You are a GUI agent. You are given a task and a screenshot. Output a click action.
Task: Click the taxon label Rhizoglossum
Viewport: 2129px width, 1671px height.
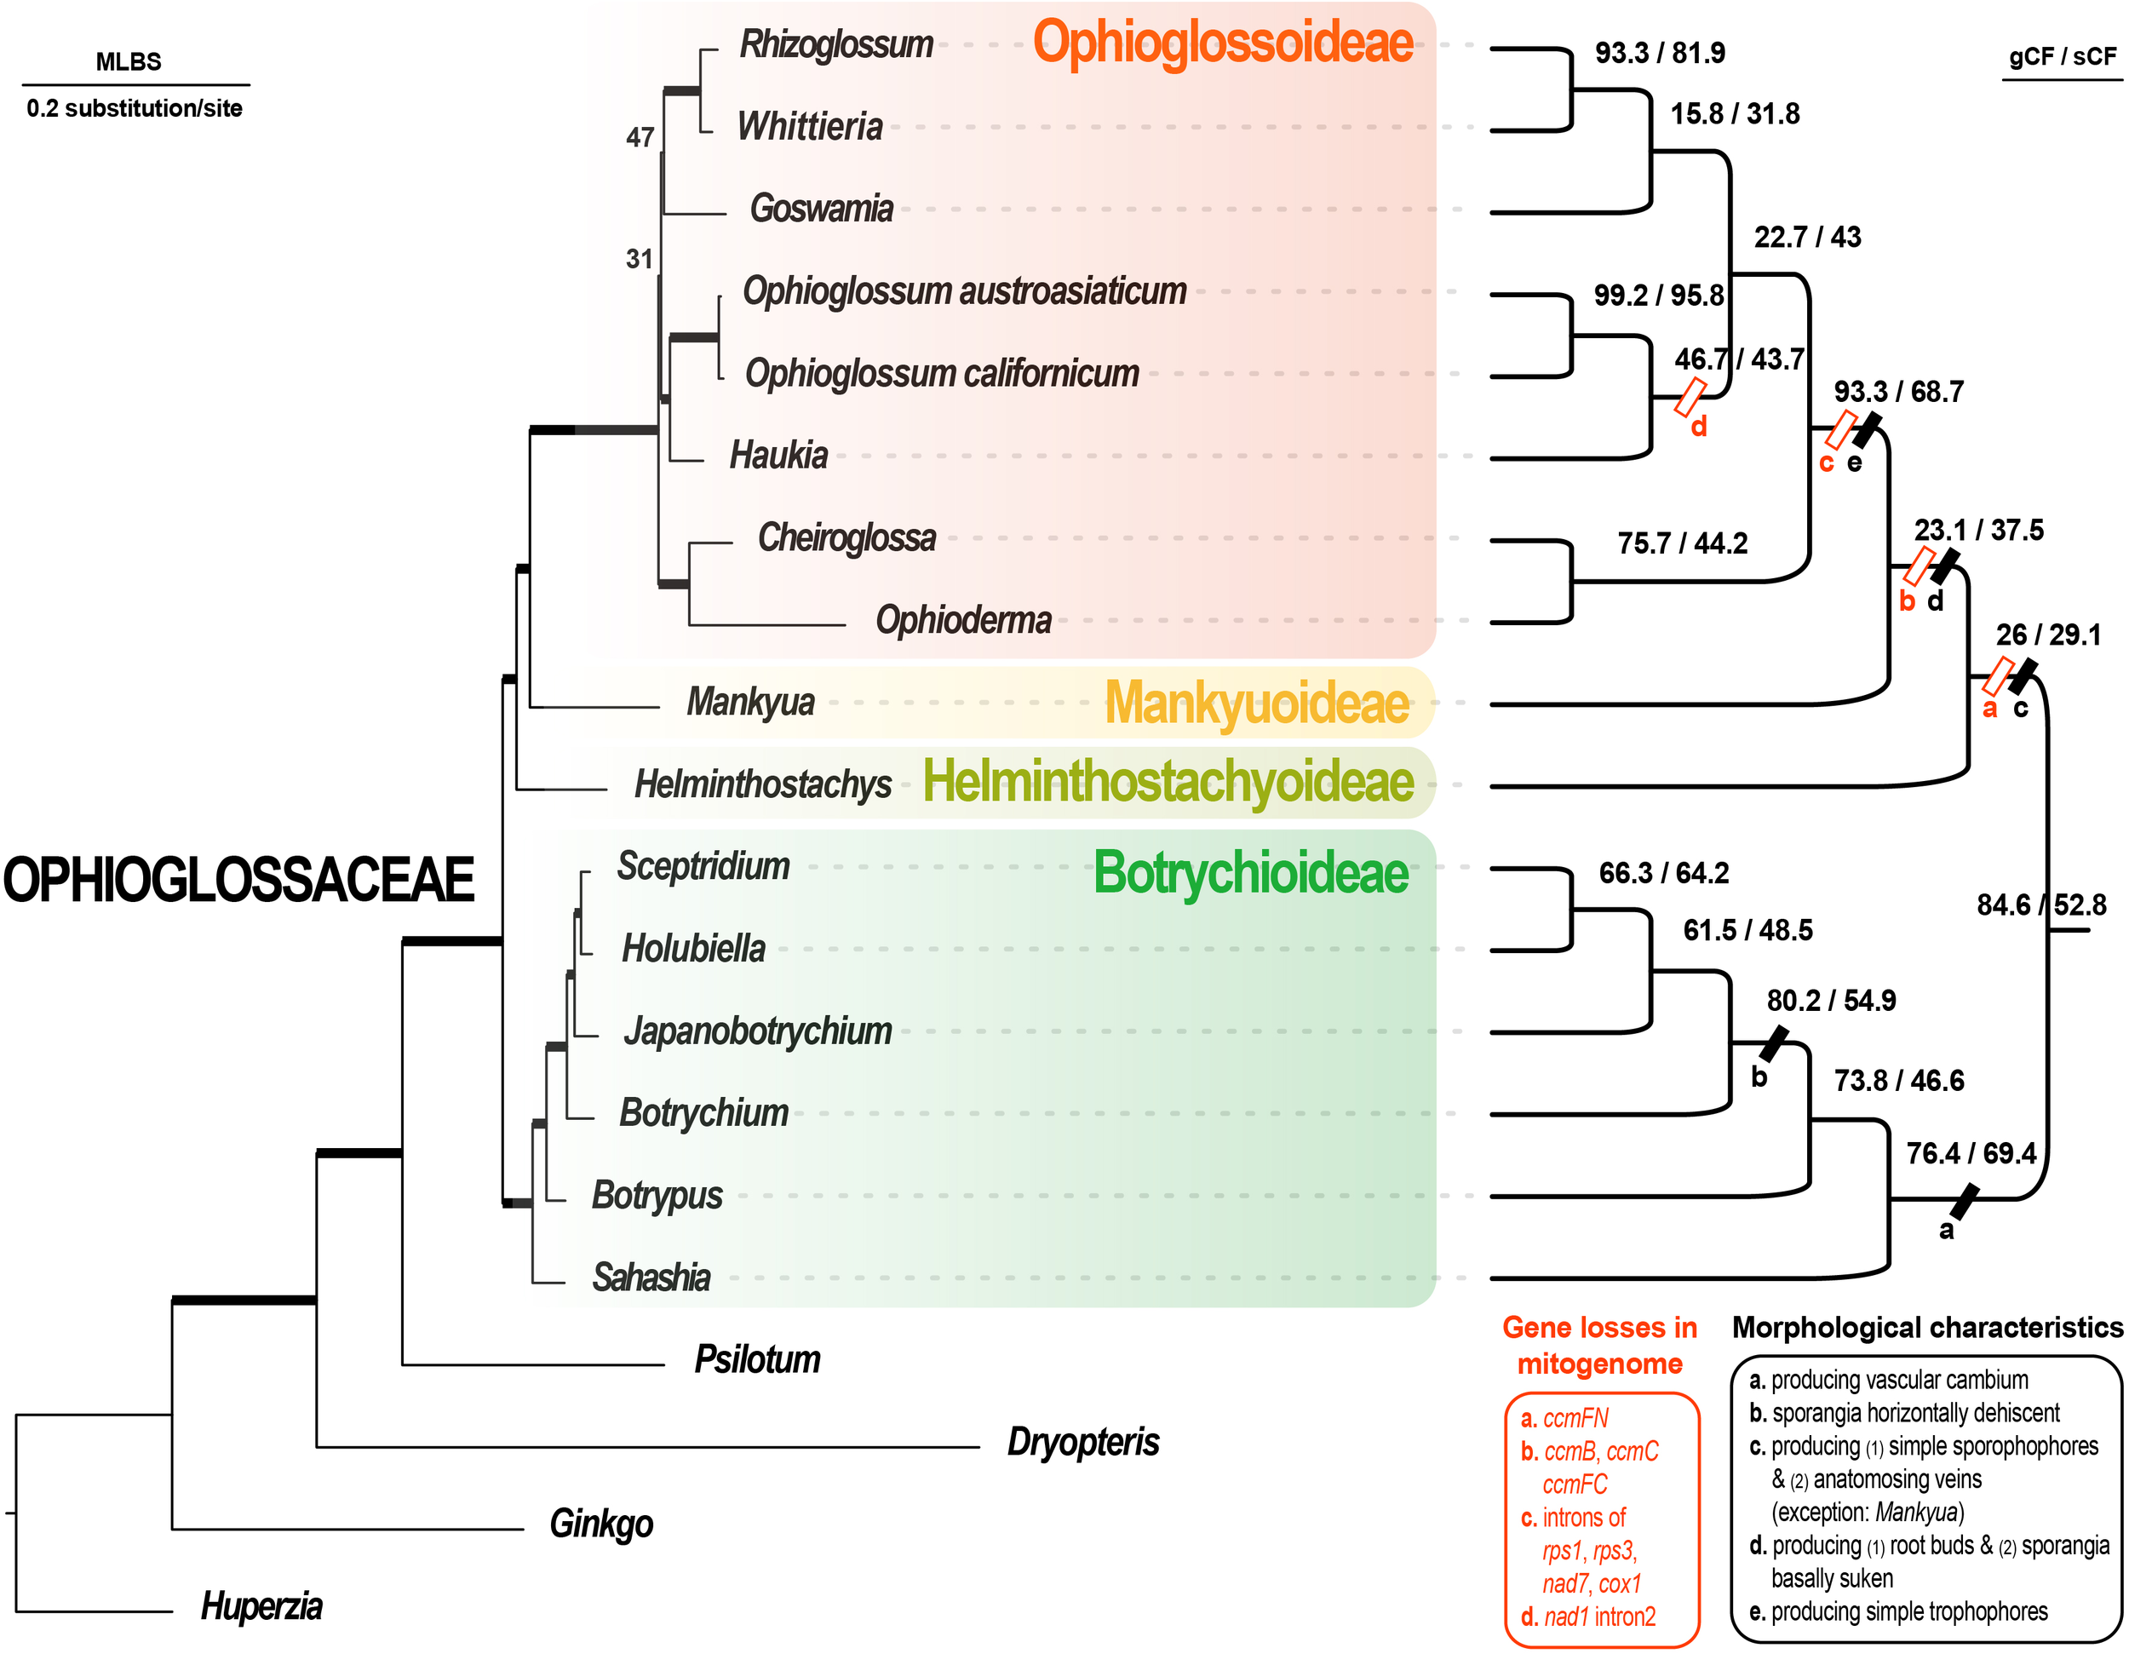click(x=835, y=45)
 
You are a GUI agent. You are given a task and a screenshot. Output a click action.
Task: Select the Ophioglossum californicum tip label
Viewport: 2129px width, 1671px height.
click(x=941, y=374)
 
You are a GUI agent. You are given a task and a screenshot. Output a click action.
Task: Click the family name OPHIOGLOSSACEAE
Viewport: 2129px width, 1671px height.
click(x=238, y=880)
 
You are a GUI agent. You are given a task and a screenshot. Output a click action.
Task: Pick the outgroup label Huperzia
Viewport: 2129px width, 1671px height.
click(x=261, y=1606)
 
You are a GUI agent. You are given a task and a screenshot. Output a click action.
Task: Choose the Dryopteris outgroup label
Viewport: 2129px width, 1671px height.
click(x=1082, y=1442)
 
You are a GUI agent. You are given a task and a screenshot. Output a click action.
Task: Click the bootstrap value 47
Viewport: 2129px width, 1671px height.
click(x=640, y=138)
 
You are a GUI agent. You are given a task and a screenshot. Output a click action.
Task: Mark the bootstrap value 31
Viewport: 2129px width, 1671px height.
click(x=639, y=259)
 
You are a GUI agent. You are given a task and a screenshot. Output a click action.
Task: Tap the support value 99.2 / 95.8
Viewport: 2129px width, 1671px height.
click(x=1657, y=296)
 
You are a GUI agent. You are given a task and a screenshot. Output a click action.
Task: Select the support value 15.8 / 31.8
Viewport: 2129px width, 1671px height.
click(x=1734, y=114)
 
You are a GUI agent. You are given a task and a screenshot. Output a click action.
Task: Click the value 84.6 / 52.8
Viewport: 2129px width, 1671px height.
click(x=2041, y=905)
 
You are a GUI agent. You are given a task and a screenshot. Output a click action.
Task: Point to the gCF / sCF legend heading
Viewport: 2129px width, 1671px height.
click(x=2062, y=57)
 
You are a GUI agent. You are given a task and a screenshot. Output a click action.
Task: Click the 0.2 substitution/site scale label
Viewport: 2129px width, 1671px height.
click(x=134, y=109)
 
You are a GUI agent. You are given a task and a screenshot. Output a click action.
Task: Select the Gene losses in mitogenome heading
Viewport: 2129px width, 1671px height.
click(x=1598, y=1345)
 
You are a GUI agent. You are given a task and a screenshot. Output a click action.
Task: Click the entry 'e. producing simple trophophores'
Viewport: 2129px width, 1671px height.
click(x=1897, y=1611)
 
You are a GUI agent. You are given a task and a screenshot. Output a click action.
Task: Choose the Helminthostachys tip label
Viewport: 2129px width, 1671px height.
click(x=762, y=784)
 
